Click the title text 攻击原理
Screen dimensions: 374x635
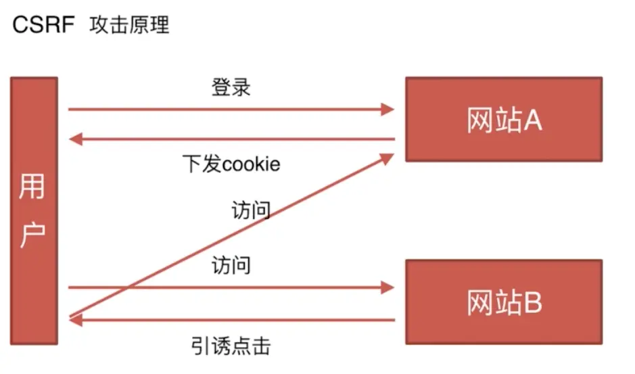tap(129, 26)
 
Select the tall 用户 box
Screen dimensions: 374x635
tap(34, 210)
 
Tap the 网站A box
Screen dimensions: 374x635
tap(503, 119)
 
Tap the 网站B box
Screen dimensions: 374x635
tap(503, 302)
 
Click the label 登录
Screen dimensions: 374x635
tap(231, 88)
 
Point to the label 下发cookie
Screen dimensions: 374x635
tap(231, 164)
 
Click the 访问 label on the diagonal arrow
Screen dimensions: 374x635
tap(251, 210)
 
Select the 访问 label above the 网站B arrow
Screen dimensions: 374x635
tap(231, 264)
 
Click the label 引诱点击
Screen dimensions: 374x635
tap(231, 347)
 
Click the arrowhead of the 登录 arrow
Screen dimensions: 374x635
tap(387, 109)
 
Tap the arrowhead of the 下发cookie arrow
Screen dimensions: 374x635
tap(75, 140)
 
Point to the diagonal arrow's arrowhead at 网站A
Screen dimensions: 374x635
tap(387, 158)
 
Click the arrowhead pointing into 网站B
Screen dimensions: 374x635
tap(387, 287)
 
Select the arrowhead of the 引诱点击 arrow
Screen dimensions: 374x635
tap(75, 320)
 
